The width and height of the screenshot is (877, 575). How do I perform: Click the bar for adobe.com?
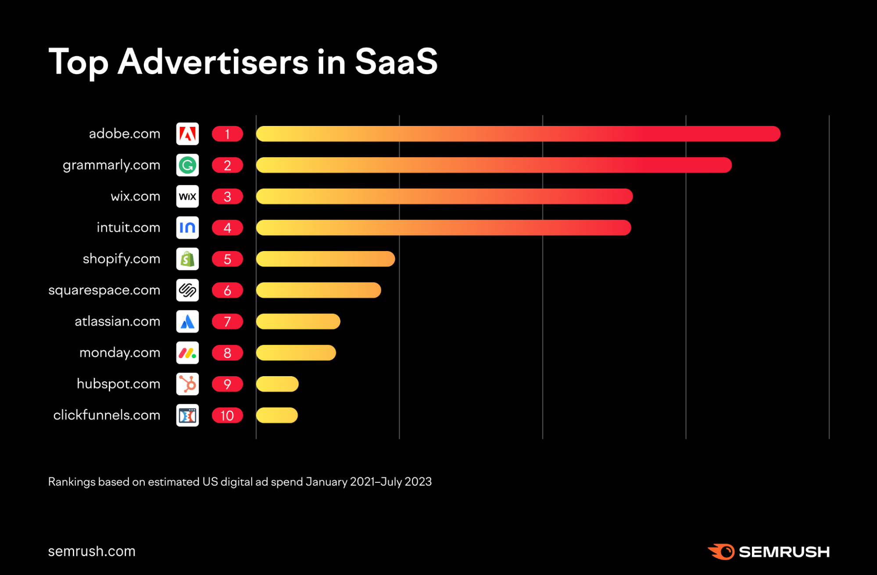(x=518, y=134)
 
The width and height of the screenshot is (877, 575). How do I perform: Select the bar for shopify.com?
(x=325, y=259)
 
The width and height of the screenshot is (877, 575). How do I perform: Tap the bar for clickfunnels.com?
(x=277, y=415)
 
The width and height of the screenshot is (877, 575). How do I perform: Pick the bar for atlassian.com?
(x=298, y=321)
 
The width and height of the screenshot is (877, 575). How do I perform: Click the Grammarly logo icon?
(x=187, y=165)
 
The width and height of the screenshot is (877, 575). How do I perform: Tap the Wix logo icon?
(x=187, y=196)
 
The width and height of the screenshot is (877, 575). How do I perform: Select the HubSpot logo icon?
(x=187, y=384)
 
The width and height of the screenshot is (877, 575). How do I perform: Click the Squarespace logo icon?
(x=187, y=290)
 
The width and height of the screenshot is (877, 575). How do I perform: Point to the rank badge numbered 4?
(x=227, y=228)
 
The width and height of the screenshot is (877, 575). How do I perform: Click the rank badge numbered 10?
(x=227, y=415)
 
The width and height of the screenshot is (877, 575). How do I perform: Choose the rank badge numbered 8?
(x=227, y=353)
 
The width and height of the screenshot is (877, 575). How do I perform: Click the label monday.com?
(x=119, y=353)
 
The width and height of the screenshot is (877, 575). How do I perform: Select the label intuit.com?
(x=128, y=228)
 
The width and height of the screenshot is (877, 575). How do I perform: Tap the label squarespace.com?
(x=104, y=290)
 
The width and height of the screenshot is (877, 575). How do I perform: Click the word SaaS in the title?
(x=396, y=62)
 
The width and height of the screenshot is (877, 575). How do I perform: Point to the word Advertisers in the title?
(x=213, y=62)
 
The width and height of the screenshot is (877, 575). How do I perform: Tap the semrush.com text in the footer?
(x=92, y=551)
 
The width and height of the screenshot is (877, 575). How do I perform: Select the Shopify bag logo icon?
(x=187, y=259)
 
